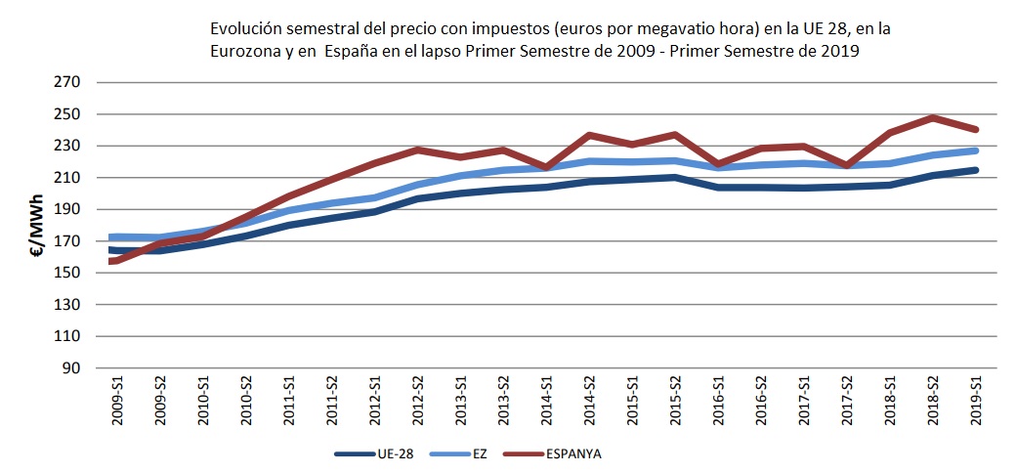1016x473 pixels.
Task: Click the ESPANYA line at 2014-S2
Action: click(589, 135)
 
